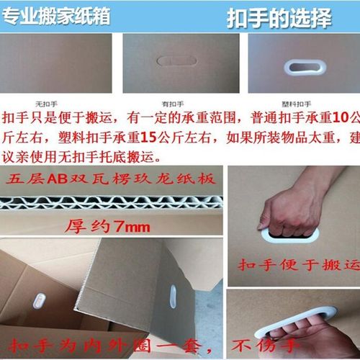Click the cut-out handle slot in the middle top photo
point(176,62)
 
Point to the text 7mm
point(133,227)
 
